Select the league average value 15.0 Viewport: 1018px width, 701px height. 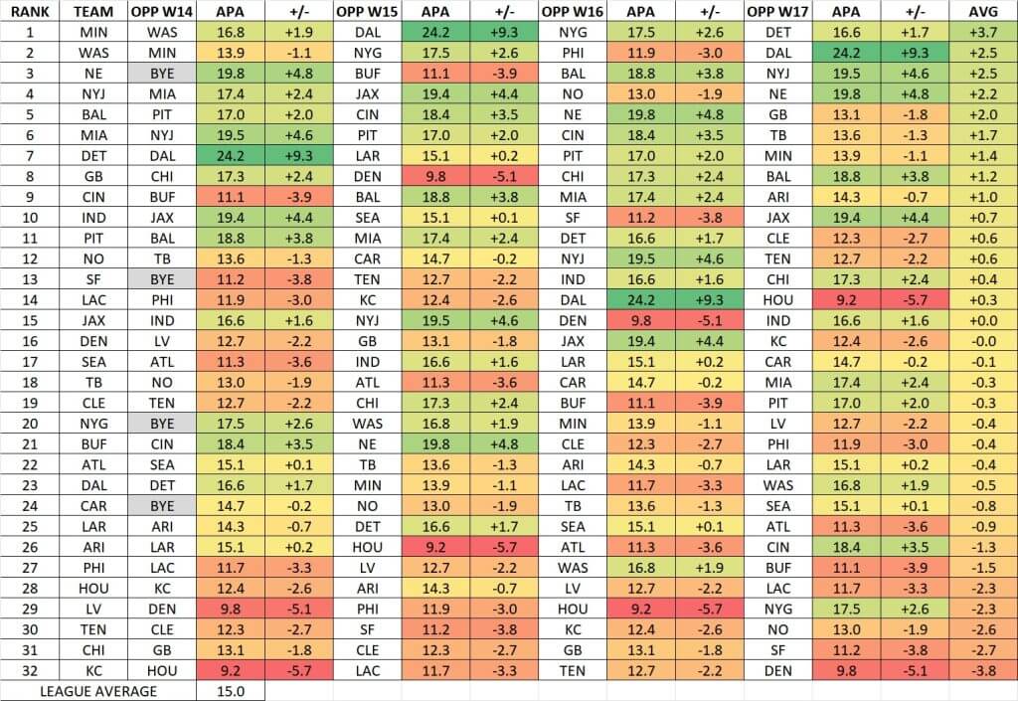click(231, 691)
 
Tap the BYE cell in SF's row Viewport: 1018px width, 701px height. click(163, 278)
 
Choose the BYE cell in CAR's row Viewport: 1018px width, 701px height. click(163, 504)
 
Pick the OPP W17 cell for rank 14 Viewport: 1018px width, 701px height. click(778, 299)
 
